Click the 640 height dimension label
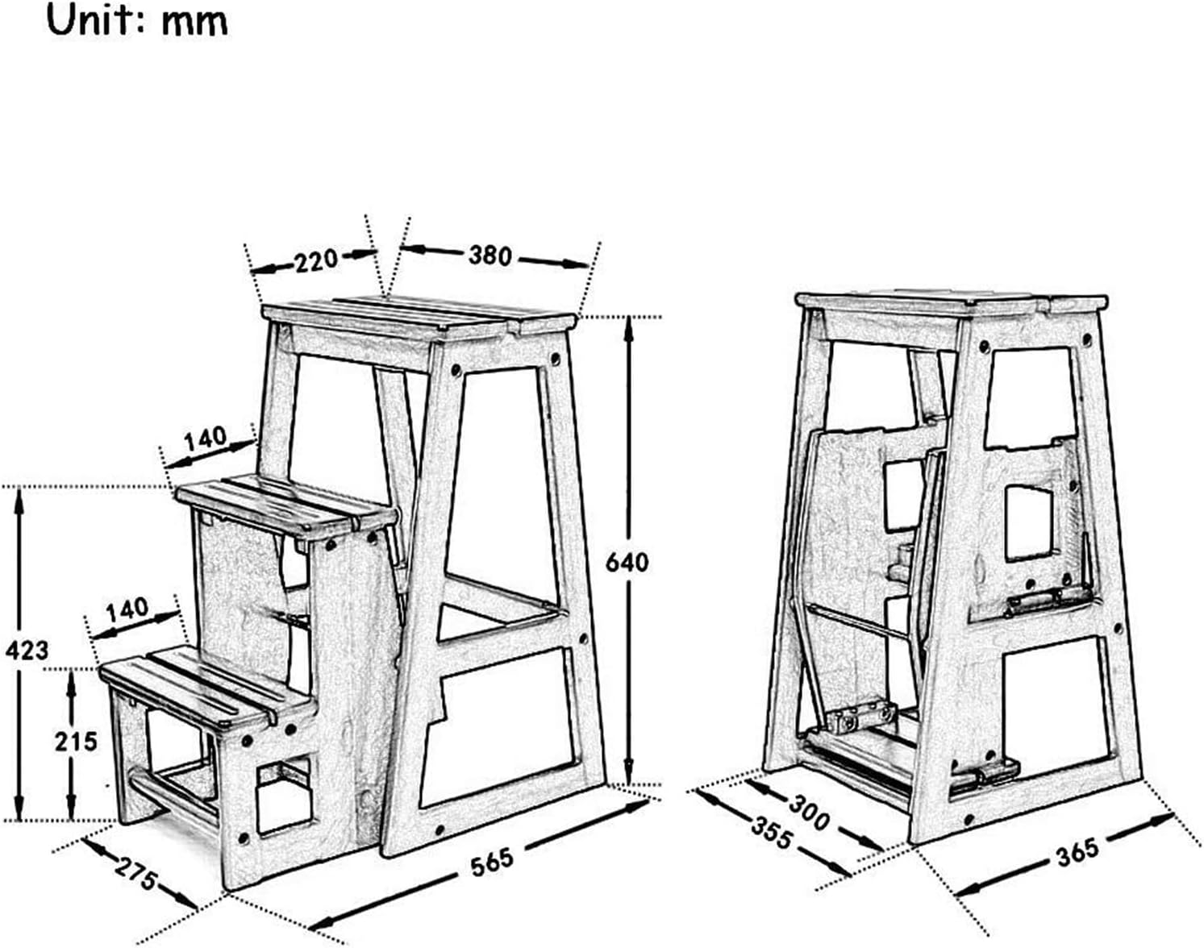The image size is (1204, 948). tap(627, 563)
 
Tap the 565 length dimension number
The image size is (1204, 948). tap(492, 862)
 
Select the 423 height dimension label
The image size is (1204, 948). tap(27, 650)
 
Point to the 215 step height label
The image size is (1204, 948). tap(76, 742)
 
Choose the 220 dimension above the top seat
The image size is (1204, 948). tap(316, 260)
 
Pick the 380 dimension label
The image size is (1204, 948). tap(490, 256)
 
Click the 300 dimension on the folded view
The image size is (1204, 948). tap(809, 813)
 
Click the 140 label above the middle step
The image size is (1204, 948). tap(206, 439)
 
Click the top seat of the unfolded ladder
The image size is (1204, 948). tap(419, 318)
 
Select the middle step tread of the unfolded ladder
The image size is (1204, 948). tap(287, 507)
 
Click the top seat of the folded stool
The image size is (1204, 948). tap(951, 302)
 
